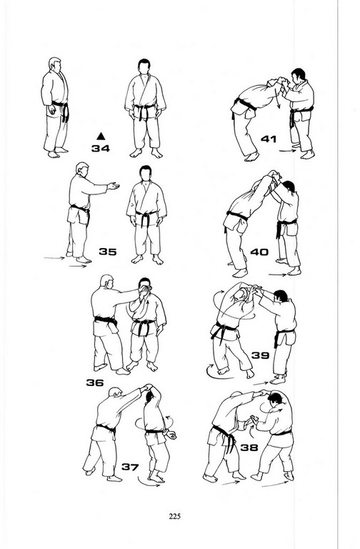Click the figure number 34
coord(101,149)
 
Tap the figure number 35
coord(108,252)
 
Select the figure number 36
coord(95,382)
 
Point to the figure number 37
coord(130,467)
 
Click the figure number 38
coord(249,447)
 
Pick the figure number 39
coord(260,355)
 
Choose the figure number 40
coord(259,252)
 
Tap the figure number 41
coord(269,139)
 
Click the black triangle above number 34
coord(101,137)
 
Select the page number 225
coord(174,516)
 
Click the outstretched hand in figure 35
coord(114,186)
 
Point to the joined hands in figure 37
coord(147,387)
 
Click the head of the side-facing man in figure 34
coord(55,65)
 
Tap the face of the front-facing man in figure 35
coord(145,174)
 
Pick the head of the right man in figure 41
coord(298,75)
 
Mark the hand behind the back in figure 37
coord(171,435)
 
